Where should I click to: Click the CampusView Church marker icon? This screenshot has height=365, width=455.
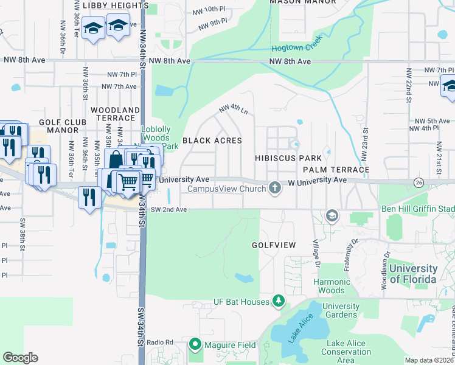275,188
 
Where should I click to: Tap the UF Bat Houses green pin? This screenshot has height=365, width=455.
278,301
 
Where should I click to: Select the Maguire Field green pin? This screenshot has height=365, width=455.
195,344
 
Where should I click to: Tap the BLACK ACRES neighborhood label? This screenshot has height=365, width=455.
212,141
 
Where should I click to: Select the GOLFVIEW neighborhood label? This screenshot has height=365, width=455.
274,245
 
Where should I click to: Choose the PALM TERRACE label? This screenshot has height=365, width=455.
336,169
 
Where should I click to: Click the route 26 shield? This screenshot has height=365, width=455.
418,182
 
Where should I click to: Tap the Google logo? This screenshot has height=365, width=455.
21,357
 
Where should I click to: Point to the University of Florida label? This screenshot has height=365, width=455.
413,274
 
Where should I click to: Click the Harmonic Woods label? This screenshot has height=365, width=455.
332,287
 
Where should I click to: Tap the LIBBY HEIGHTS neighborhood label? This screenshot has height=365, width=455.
107,5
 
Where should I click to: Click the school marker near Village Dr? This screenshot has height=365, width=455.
332,215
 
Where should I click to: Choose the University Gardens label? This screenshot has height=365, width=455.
341,310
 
